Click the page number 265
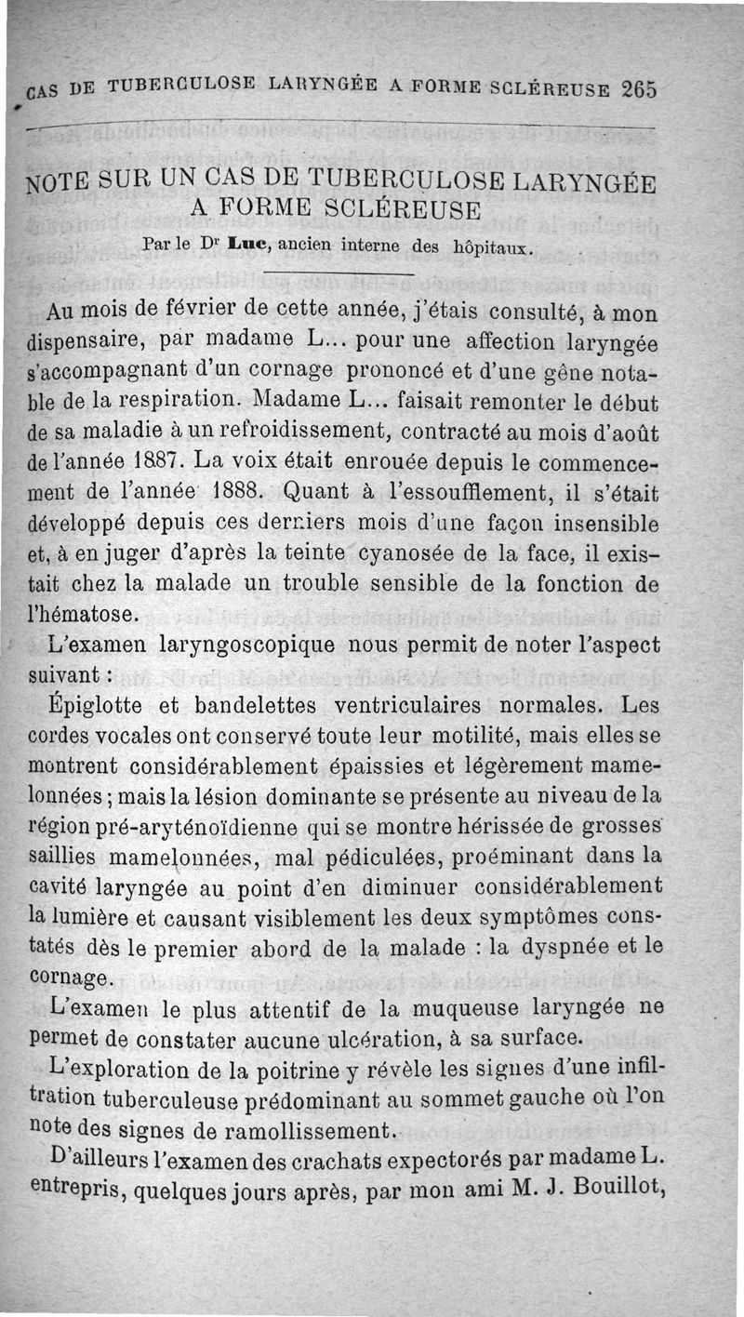[640, 90]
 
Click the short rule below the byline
[339, 274]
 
